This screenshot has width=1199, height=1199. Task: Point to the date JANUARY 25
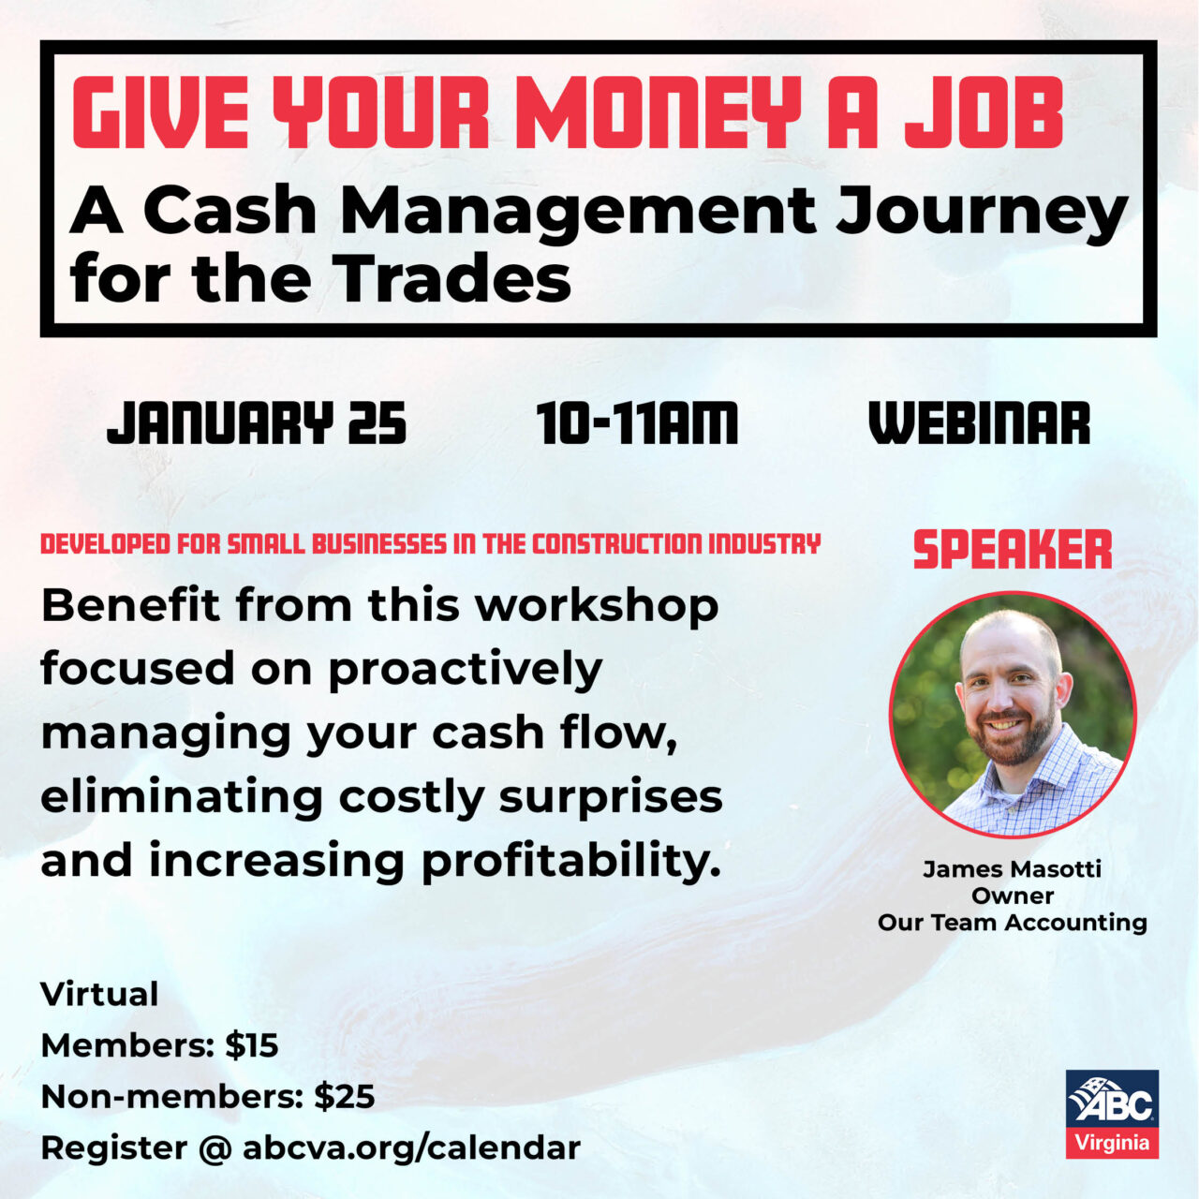(x=257, y=423)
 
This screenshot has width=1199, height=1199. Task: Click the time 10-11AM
(x=637, y=423)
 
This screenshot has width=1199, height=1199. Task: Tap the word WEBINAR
(x=980, y=423)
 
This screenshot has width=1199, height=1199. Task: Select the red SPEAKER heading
(x=1013, y=550)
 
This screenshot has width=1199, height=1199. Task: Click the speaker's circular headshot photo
(x=1013, y=715)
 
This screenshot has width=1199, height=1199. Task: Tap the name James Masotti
(x=1013, y=869)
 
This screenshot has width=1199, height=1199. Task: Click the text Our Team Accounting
(x=1013, y=923)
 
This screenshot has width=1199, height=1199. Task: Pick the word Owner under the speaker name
(x=1013, y=896)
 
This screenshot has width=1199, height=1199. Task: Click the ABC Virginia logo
(x=1112, y=1114)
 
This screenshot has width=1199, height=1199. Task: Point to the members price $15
(x=252, y=1045)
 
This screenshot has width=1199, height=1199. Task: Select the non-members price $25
(x=345, y=1097)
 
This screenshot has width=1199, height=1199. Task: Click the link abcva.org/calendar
(x=411, y=1147)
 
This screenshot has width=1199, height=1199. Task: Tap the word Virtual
(x=99, y=994)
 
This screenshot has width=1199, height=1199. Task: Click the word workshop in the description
(x=597, y=606)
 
